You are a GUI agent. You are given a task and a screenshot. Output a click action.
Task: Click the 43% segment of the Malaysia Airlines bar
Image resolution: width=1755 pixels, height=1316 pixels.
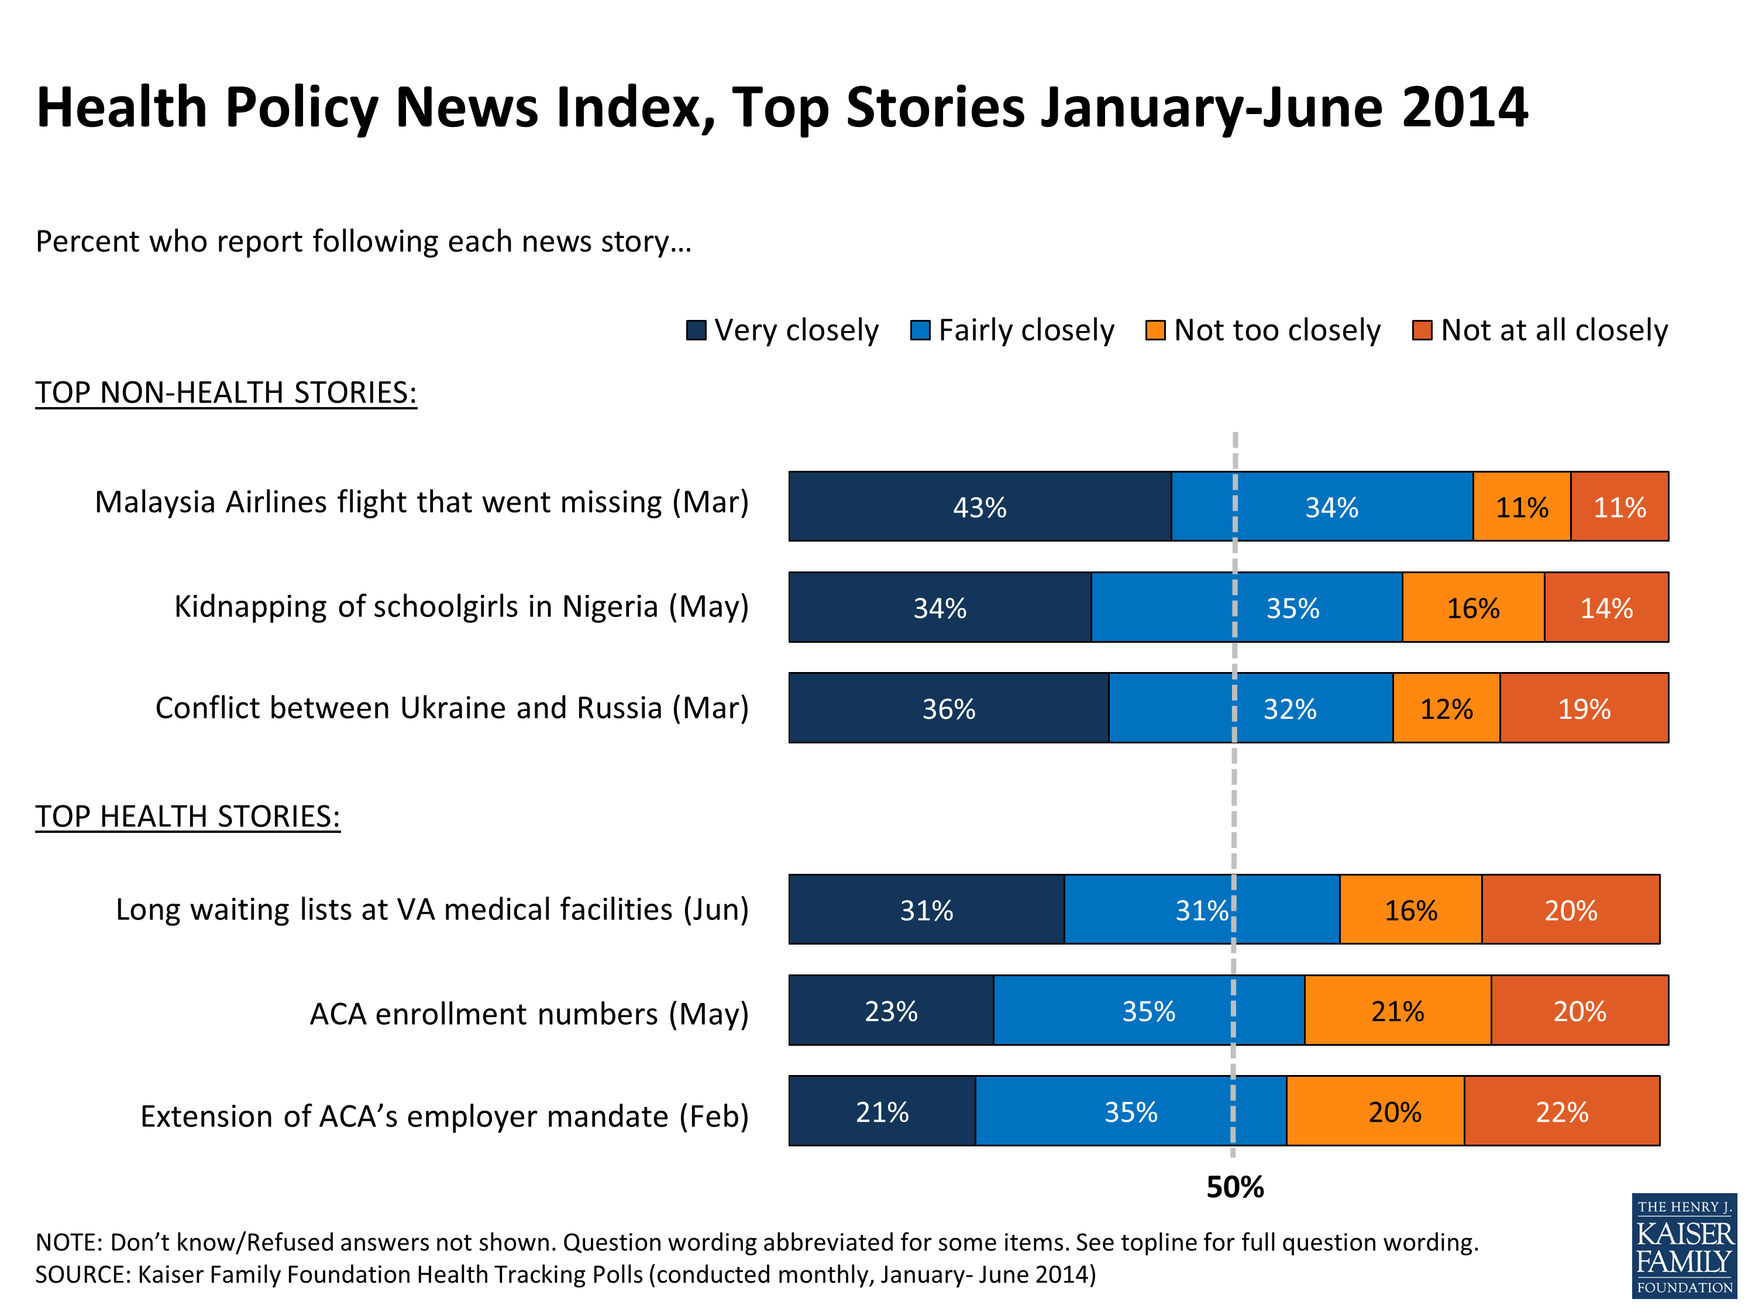tap(979, 507)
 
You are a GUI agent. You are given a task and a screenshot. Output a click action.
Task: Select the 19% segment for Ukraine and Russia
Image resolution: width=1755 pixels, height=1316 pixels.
tap(1584, 708)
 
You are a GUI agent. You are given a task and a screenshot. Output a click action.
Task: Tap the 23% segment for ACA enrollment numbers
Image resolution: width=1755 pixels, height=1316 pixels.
tap(890, 1011)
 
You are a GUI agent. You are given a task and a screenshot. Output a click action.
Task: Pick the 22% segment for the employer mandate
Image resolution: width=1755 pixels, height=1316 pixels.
tap(1561, 1111)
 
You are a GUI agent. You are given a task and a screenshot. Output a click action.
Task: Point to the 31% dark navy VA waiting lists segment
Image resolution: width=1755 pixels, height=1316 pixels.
tap(926, 910)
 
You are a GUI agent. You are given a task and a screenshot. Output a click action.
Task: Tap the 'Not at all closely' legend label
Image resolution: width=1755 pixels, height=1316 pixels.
tap(1554, 330)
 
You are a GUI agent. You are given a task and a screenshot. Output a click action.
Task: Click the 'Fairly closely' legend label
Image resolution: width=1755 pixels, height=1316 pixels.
tap(1026, 330)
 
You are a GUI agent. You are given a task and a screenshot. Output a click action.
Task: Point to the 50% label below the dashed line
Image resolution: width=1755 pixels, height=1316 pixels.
tap(1234, 1187)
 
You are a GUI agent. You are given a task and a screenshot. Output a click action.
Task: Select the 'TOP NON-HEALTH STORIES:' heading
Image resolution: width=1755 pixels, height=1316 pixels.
tap(226, 392)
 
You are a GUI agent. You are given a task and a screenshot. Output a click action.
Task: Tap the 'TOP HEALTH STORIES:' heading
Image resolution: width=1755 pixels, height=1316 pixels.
tap(188, 817)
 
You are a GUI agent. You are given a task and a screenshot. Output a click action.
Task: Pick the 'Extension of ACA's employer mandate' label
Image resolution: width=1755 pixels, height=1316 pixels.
tap(444, 1116)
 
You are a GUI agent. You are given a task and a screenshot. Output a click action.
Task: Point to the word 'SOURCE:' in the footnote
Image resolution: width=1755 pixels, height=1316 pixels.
tap(82, 1274)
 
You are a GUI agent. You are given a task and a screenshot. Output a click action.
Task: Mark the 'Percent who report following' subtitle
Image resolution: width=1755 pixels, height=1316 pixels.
tap(363, 241)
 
